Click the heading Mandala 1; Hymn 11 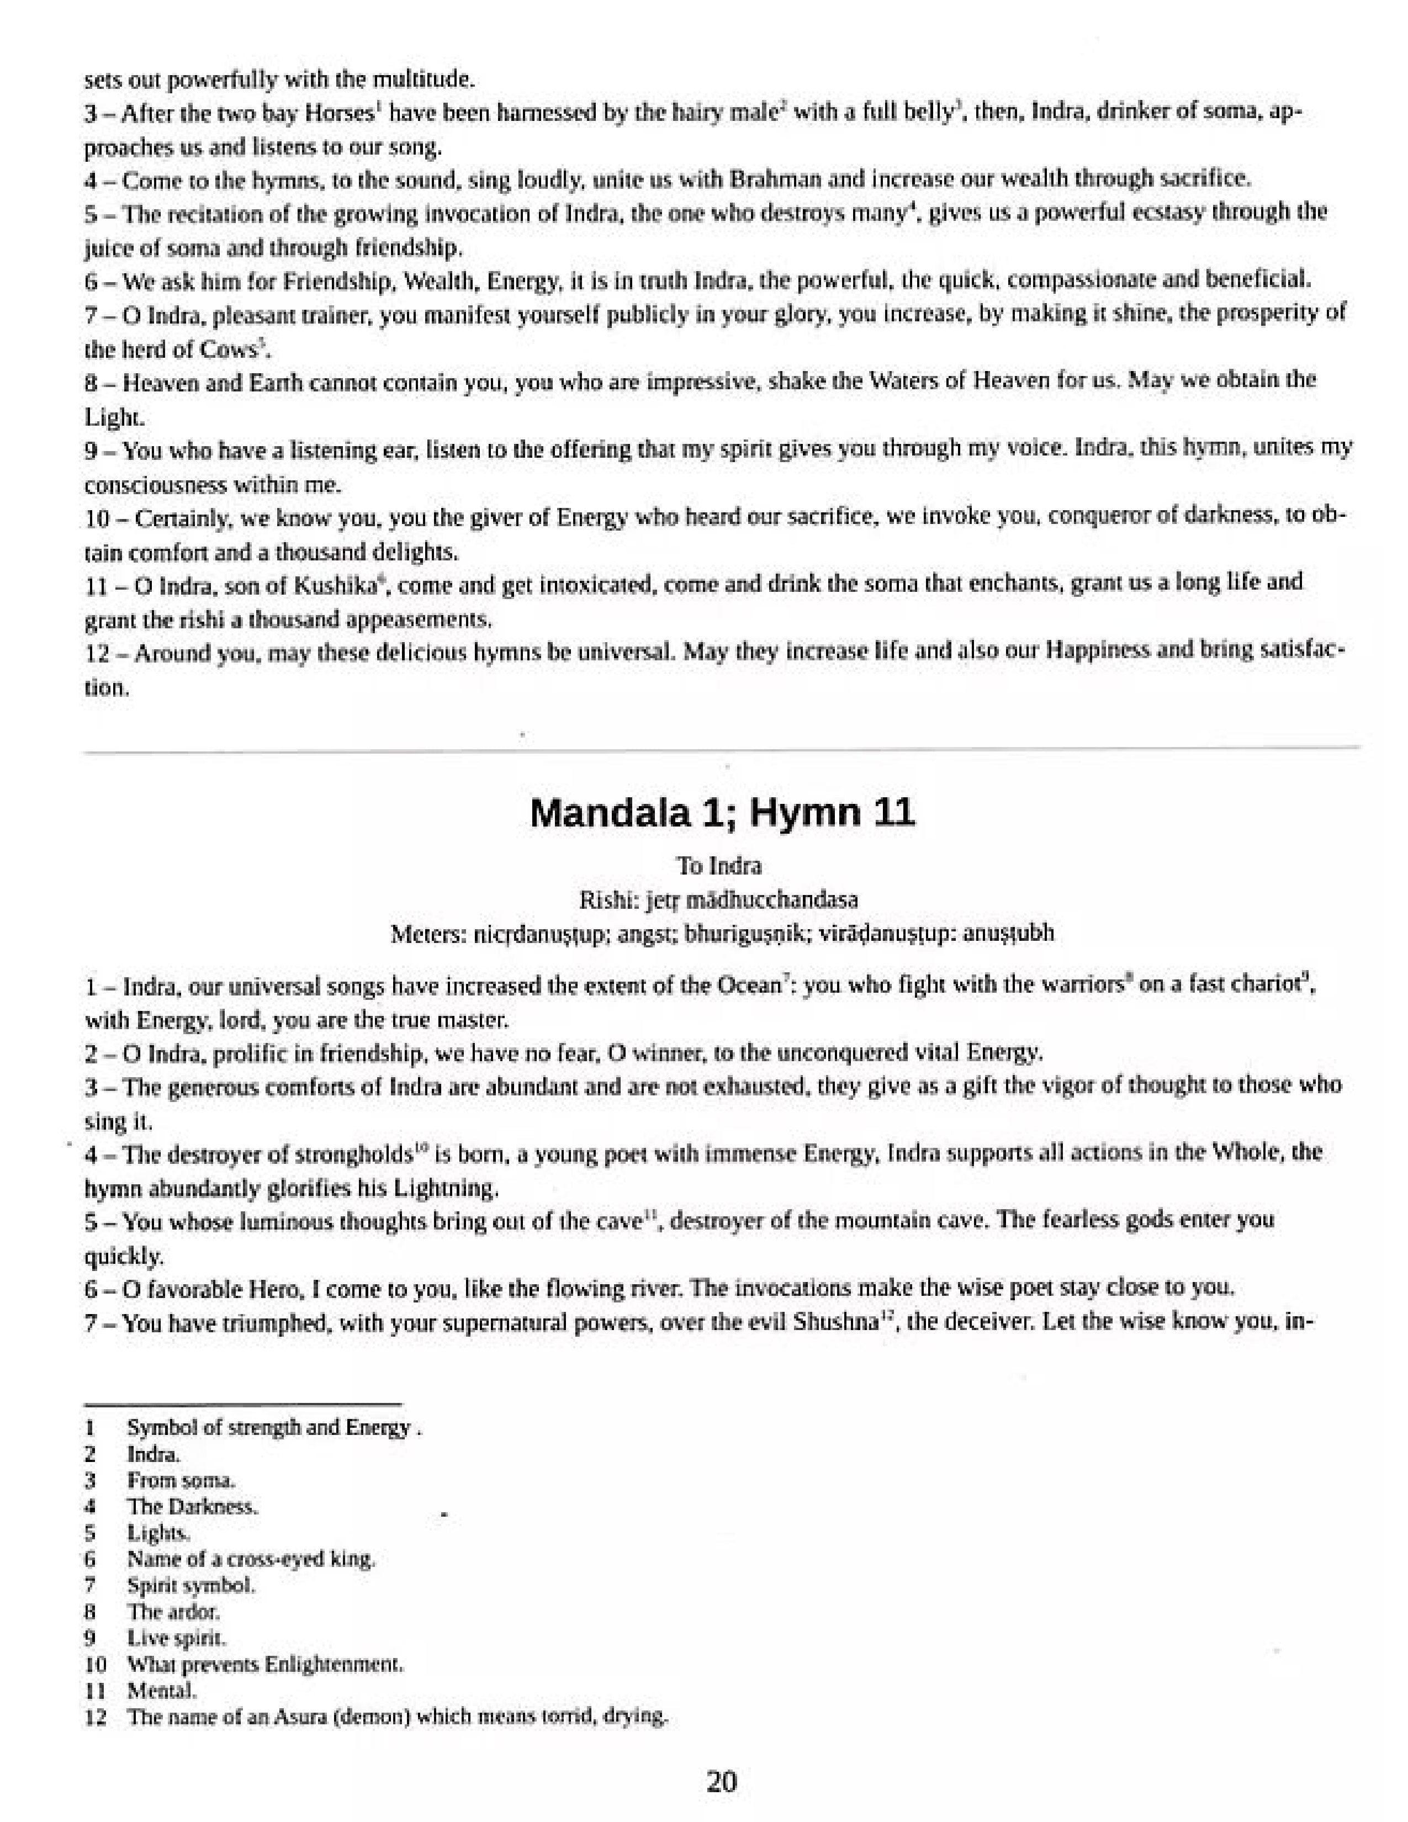[x=722, y=812]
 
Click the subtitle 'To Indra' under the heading [x=719, y=866]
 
